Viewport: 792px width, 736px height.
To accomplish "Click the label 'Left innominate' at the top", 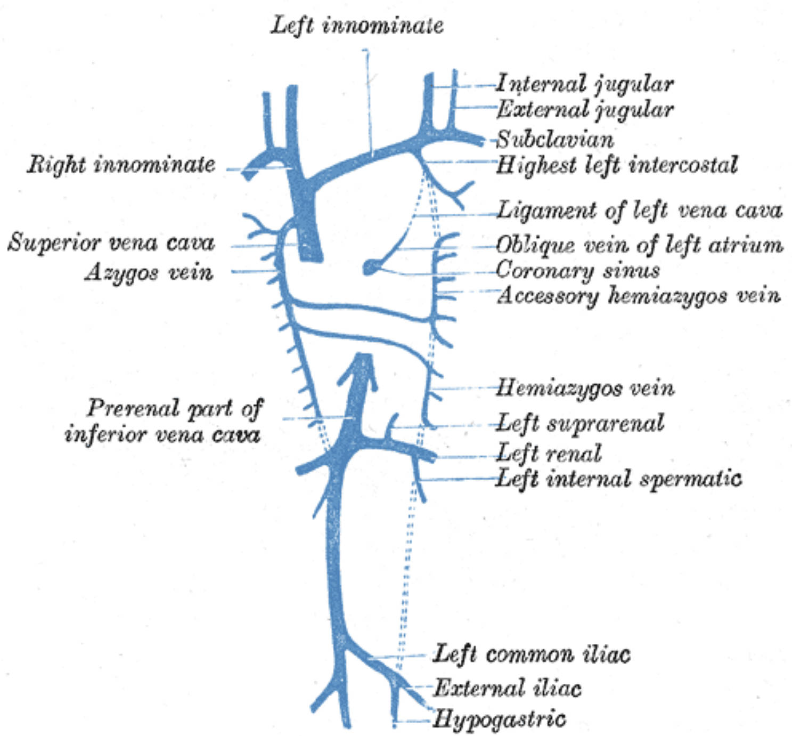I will click(x=357, y=25).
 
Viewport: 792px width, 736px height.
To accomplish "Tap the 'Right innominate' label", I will click(x=121, y=165).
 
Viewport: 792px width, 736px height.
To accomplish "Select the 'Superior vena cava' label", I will click(x=111, y=242).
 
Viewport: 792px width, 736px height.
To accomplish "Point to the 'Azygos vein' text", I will click(x=149, y=272).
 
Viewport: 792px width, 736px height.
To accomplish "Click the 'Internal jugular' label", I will click(x=585, y=84).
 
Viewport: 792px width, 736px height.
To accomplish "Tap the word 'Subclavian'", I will click(x=555, y=140).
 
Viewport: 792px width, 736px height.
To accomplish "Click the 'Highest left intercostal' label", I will click(x=617, y=165).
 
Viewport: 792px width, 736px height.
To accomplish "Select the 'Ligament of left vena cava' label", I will click(x=639, y=211).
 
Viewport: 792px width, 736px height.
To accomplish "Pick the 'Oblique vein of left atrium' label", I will click(x=639, y=245).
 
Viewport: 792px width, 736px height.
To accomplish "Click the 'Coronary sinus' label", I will click(x=577, y=271).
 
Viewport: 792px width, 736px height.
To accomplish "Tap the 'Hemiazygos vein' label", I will click(x=585, y=388).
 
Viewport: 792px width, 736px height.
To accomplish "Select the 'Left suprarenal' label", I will click(x=580, y=424).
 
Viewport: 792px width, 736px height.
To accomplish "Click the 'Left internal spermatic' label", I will click(x=618, y=479).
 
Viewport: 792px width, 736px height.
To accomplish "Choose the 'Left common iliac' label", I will click(x=531, y=654).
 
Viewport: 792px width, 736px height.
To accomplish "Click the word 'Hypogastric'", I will click(x=499, y=719).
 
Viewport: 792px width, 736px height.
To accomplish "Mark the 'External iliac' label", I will click(x=507, y=688).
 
